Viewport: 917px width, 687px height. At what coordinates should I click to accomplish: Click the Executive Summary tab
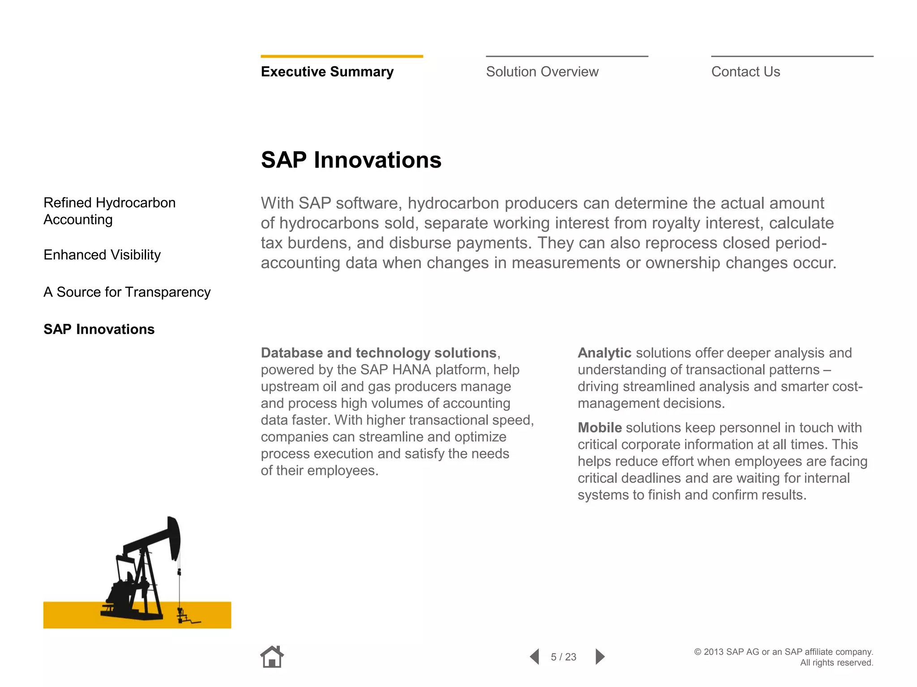(x=327, y=72)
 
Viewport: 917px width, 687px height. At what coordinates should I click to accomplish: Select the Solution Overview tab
(x=542, y=72)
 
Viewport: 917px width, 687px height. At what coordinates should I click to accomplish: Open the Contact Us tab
(x=746, y=72)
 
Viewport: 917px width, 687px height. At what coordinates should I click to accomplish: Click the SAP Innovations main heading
(x=351, y=160)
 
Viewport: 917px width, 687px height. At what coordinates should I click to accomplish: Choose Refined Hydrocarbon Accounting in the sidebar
(x=109, y=211)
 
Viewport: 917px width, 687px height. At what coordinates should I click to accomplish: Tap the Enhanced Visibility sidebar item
(x=102, y=254)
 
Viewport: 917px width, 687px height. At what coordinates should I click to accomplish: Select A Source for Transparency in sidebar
(x=127, y=292)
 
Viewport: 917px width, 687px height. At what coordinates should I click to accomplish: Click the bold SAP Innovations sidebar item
(x=99, y=329)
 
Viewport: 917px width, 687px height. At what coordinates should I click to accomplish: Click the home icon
(x=272, y=657)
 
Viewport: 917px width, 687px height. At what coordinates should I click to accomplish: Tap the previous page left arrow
(x=535, y=657)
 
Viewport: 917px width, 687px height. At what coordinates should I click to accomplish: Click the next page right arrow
(x=600, y=657)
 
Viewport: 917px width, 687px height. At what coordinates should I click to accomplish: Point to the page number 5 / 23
(x=563, y=657)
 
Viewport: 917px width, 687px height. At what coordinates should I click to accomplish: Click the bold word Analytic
(x=604, y=353)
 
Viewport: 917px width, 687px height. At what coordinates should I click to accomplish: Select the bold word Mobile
(x=600, y=428)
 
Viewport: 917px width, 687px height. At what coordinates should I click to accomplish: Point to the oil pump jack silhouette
(x=143, y=572)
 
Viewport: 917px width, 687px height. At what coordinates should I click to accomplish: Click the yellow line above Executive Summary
(x=342, y=56)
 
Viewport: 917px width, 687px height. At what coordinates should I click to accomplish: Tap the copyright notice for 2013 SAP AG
(x=784, y=657)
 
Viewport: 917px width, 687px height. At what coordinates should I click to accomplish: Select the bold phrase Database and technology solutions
(x=379, y=353)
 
